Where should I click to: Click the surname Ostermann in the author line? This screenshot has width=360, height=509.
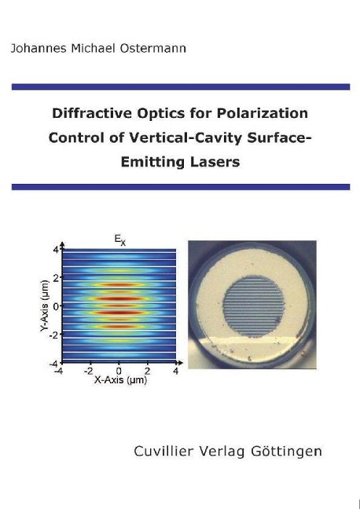pyautogui.click(x=153, y=49)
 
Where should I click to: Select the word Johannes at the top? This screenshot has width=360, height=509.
pyautogui.click(x=39, y=49)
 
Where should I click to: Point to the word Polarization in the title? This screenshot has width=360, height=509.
pyautogui.click(x=263, y=113)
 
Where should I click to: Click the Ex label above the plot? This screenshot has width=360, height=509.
pyautogui.click(x=119, y=240)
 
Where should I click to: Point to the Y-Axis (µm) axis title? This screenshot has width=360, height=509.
pyautogui.click(x=45, y=306)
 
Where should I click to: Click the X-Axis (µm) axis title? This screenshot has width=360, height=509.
pyautogui.click(x=120, y=379)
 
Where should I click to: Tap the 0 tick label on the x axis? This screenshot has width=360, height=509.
pyautogui.click(x=119, y=371)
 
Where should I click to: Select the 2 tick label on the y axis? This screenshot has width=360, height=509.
pyautogui.click(x=57, y=277)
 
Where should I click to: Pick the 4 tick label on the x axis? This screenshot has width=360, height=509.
pyautogui.click(x=176, y=371)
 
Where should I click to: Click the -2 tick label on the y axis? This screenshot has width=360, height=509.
pyautogui.click(x=54, y=335)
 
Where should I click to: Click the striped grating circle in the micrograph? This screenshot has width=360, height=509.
pyautogui.click(x=254, y=307)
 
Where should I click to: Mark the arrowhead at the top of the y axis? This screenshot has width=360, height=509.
pyautogui.click(x=62, y=244)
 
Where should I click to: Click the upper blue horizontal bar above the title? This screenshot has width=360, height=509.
pyautogui.click(x=181, y=87)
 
